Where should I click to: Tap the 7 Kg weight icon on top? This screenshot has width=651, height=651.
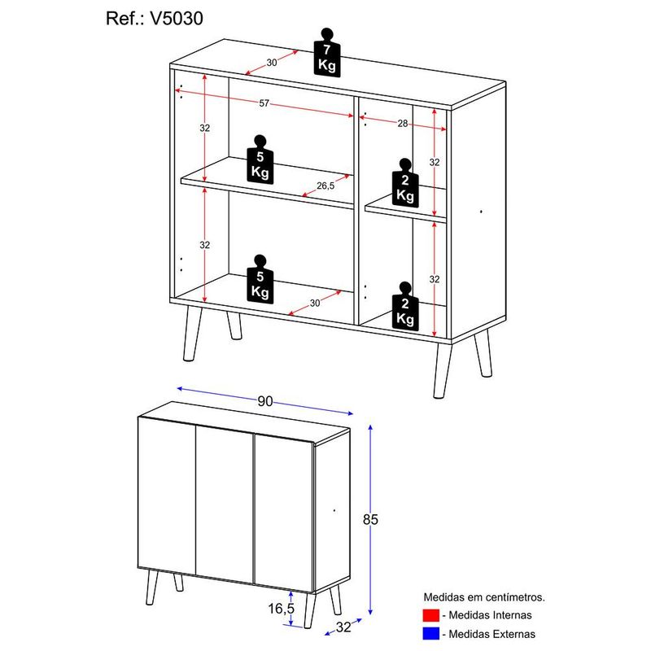[x=327, y=53]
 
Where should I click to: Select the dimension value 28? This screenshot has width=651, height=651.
[x=402, y=123]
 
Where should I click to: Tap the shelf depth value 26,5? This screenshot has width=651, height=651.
[x=326, y=186]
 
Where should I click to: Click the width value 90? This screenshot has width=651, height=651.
[x=264, y=401]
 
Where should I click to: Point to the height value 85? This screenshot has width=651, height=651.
[x=395, y=518]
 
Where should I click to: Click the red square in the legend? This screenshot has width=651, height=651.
[x=430, y=615]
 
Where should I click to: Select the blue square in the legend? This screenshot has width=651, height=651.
[x=430, y=633]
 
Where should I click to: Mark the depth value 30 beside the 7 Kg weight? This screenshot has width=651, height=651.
[x=271, y=63]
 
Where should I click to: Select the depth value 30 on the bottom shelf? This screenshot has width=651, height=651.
[x=314, y=304]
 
